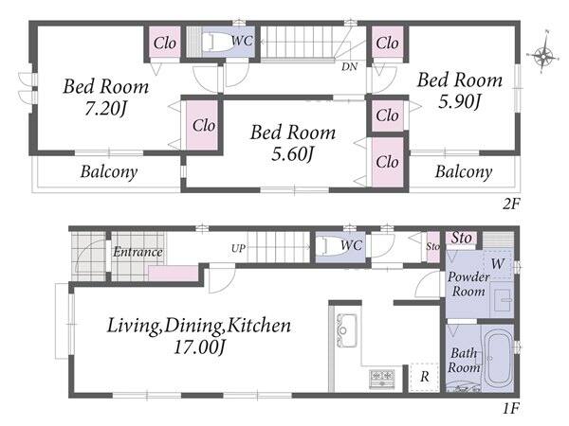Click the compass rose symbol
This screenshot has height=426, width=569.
pos(543,56)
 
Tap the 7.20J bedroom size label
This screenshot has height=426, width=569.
pos(105,108)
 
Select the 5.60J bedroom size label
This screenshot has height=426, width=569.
pos(292,154)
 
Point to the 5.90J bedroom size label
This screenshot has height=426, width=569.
pos(459,101)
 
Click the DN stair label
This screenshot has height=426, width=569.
pos(349,66)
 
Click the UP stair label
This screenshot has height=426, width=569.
pos(238,248)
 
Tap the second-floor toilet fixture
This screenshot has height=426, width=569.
pos(217,44)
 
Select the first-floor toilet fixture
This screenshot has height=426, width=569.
pos(329,246)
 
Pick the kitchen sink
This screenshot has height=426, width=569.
pos(346,330)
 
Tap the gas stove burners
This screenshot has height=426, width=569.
pos(382,379)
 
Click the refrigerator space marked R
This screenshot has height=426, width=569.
pos(424,377)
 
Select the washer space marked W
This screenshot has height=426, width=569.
pos(498,264)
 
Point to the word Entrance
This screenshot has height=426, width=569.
pos(138,252)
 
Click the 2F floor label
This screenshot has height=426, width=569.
pos(511,204)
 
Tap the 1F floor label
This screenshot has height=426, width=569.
pos(511,409)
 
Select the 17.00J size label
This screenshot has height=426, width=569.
pos(199,347)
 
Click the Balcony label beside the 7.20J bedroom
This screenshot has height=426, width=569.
pos(109,171)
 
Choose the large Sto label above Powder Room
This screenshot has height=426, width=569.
pos(461,238)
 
